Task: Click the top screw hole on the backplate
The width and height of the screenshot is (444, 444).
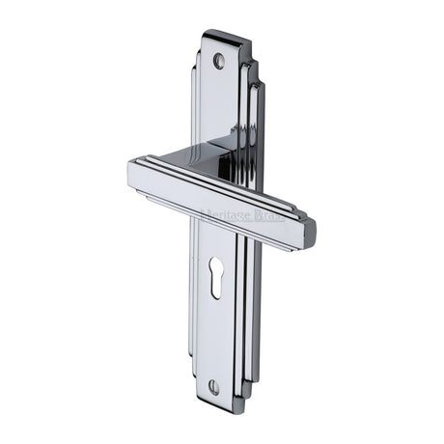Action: (218, 60)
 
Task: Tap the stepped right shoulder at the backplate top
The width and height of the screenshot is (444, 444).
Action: (252, 72)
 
